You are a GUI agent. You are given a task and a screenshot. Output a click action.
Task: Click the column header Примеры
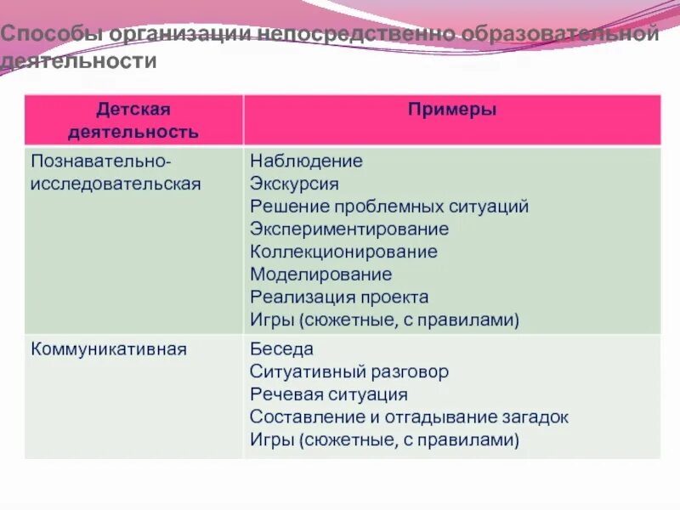(451, 110)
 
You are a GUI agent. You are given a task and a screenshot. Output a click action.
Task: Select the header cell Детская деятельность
(133, 121)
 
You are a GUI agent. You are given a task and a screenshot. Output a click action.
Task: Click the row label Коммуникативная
(109, 348)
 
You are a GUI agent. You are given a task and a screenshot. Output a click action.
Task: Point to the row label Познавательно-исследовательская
(116, 173)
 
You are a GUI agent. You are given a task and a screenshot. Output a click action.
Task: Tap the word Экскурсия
(294, 184)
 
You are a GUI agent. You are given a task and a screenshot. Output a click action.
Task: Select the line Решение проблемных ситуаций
(389, 207)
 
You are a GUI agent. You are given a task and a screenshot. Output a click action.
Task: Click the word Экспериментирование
(349, 229)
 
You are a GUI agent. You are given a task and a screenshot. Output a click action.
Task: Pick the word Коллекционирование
(343, 252)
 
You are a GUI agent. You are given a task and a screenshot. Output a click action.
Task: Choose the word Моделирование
(320, 275)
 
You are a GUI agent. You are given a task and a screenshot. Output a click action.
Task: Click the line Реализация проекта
(339, 297)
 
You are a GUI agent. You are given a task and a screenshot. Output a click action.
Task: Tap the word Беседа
(281, 349)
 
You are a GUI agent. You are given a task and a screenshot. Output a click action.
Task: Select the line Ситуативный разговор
(349, 372)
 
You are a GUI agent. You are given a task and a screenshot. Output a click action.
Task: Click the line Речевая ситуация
(329, 394)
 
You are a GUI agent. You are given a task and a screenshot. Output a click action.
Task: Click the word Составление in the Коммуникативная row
(300, 417)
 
